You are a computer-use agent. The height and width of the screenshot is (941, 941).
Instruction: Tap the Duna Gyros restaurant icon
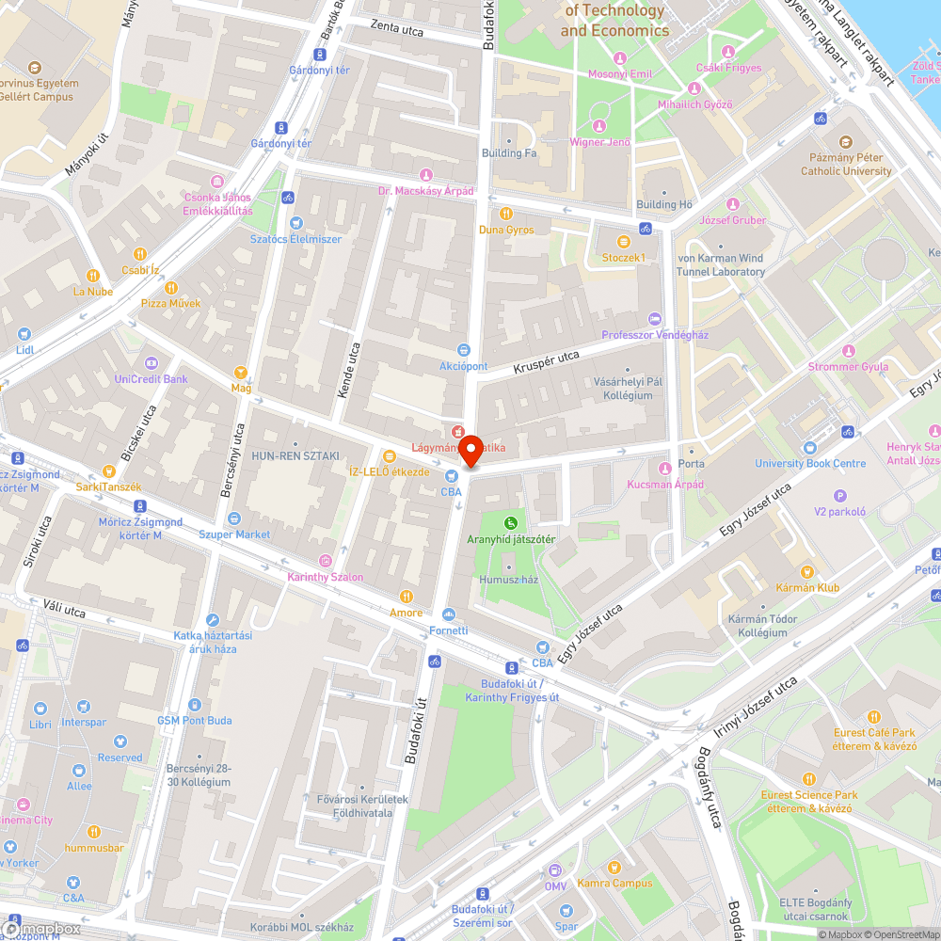pos(506,214)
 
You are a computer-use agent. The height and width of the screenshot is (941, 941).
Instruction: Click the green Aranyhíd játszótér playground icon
pos(511,522)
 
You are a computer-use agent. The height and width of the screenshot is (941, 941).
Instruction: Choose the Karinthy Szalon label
pos(325,577)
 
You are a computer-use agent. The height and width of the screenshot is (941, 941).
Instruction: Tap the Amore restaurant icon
pos(407,596)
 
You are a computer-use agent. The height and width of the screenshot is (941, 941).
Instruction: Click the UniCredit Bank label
pos(151,379)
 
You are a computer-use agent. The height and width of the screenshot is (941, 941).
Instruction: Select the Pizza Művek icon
pos(170,288)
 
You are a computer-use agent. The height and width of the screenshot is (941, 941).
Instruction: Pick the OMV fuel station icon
pos(555,870)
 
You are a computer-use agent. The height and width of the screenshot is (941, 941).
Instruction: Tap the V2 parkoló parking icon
pos(840,496)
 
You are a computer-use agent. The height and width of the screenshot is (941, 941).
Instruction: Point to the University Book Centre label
pos(810,463)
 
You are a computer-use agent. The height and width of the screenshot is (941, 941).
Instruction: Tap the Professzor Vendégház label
pos(655,335)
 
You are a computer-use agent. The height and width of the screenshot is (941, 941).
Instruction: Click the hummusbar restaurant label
pos(94,847)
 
